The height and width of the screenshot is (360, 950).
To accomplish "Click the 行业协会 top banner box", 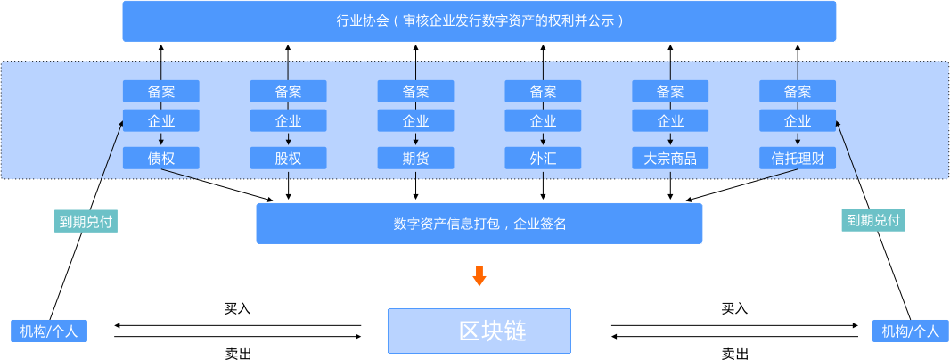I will [479, 20].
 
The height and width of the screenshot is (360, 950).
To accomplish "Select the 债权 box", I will [161, 159].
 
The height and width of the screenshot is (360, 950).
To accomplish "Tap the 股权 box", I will [288, 159].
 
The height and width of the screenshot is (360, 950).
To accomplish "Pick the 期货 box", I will [415, 159].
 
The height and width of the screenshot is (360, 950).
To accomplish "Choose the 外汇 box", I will [543, 159].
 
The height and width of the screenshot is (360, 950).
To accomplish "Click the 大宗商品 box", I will [670, 159].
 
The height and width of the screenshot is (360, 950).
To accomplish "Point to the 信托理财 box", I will [798, 159].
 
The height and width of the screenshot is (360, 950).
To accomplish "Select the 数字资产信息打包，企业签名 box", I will [479, 224].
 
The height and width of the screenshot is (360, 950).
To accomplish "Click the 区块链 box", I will [479, 331].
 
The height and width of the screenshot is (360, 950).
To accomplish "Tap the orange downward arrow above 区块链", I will [479, 276].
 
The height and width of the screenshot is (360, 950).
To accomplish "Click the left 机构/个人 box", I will [49, 331].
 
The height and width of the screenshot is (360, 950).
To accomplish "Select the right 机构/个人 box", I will [910, 331].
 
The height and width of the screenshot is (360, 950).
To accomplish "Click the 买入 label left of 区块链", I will [237, 309].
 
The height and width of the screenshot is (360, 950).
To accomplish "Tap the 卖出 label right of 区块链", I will [734, 354].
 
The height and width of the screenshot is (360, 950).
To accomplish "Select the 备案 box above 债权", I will [161, 91].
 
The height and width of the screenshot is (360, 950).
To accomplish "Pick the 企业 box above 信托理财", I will [798, 121].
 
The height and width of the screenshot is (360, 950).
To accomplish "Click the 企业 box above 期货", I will [415, 121].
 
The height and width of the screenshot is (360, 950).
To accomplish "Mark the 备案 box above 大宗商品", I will [670, 91].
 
